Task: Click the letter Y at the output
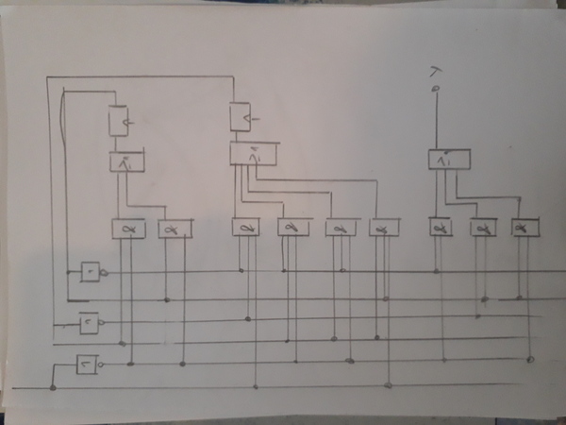[x=435, y=72]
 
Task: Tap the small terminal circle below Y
[x=435, y=89]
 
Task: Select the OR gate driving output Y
[x=447, y=161]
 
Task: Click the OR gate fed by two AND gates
[x=125, y=161]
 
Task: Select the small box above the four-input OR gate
[x=240, y=116]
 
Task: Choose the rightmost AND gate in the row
[x=524, y=229]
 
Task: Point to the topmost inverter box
[x=90, y=272]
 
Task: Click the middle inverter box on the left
[x=89, y=323]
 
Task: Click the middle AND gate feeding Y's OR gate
[x=483, y=229]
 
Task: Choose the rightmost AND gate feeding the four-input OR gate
[x=384, y=229]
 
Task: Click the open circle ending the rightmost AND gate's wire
[x=530, y=360]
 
